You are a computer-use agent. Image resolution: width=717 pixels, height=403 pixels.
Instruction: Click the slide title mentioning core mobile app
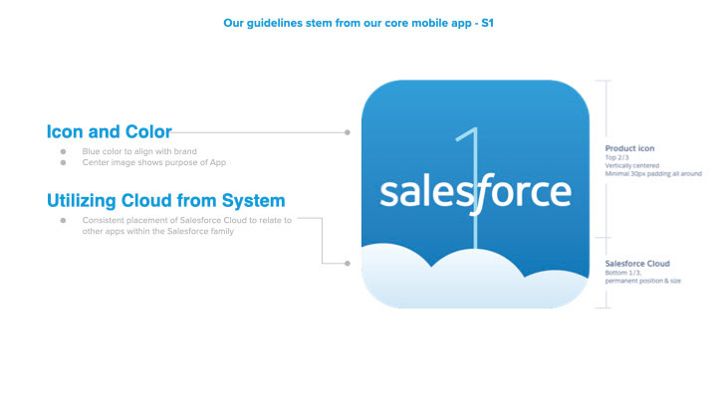(x=358, y=23)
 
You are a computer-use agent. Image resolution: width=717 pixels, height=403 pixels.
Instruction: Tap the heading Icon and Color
(x=110, y=131)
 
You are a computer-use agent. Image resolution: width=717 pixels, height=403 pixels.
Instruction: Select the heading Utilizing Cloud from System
(x=166, y=201)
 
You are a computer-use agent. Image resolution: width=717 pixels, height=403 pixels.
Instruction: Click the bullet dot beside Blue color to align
(x=63, y=151)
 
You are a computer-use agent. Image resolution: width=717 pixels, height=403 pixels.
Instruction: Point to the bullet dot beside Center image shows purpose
(x=63, y=162)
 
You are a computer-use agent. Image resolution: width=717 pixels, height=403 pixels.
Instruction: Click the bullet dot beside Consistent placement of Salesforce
(x=63, y=220)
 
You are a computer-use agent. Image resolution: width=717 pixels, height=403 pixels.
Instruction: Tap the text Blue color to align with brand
(x=139, y=151)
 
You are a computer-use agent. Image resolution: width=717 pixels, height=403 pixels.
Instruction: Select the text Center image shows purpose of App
(x=154, y=162)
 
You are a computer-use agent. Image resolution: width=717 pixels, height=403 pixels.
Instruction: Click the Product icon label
(x=629, y=148)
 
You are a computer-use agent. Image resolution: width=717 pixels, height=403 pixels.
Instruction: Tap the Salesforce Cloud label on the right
(x=637, y=264)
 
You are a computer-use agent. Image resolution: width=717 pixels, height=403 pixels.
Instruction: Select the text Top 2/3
(x=616, y=157)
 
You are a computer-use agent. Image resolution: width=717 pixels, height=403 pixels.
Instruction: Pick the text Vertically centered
(x=632, y=165)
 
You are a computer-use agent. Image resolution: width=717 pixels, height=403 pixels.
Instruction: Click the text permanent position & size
(x=643, y=281)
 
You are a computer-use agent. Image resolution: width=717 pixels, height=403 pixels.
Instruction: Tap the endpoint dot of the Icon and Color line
(x=348, y=132)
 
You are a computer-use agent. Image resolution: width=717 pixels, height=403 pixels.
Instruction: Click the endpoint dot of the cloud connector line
(x=348, y=263)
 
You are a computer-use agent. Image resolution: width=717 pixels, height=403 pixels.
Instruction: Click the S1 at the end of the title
(x=487, y=23)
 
